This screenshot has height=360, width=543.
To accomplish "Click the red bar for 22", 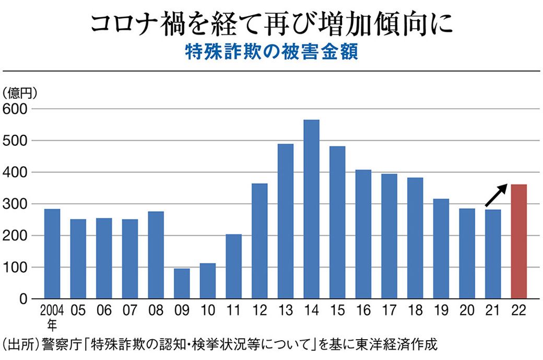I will click(x=518, y=241).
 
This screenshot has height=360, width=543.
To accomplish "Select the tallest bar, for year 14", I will click(x=311, y=209).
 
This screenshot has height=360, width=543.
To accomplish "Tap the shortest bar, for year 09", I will click(x=182, y=284).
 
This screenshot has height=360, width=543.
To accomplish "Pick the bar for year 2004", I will click(x=52, y=254).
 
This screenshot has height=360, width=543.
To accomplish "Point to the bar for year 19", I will click(x=441, y=249).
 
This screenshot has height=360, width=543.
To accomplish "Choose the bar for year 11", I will click(x=233, y=266).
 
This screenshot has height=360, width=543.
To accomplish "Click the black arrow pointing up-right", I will click(x=497, y=195).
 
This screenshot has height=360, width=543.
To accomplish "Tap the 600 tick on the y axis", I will click(x=17, y=109).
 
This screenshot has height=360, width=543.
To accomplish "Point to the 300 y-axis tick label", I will click(x=17, y=204).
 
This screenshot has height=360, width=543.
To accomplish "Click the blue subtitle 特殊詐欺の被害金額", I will click(x=271, y=53).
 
